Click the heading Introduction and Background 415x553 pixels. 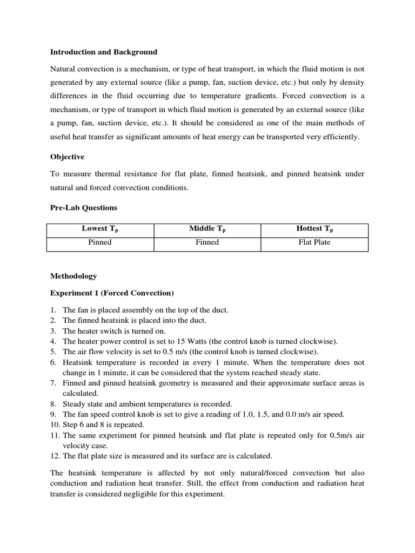104,52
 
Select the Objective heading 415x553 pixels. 67,157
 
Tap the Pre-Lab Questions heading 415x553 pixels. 84,207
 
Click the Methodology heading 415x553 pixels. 73,276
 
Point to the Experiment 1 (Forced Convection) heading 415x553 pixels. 112,293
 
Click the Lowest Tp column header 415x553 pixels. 100,230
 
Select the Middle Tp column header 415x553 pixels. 207,230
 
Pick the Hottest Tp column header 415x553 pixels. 314,230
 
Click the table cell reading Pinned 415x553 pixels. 100,242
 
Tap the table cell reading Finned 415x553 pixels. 207,242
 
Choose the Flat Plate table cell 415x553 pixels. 314,242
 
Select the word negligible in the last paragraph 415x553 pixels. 142,494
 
